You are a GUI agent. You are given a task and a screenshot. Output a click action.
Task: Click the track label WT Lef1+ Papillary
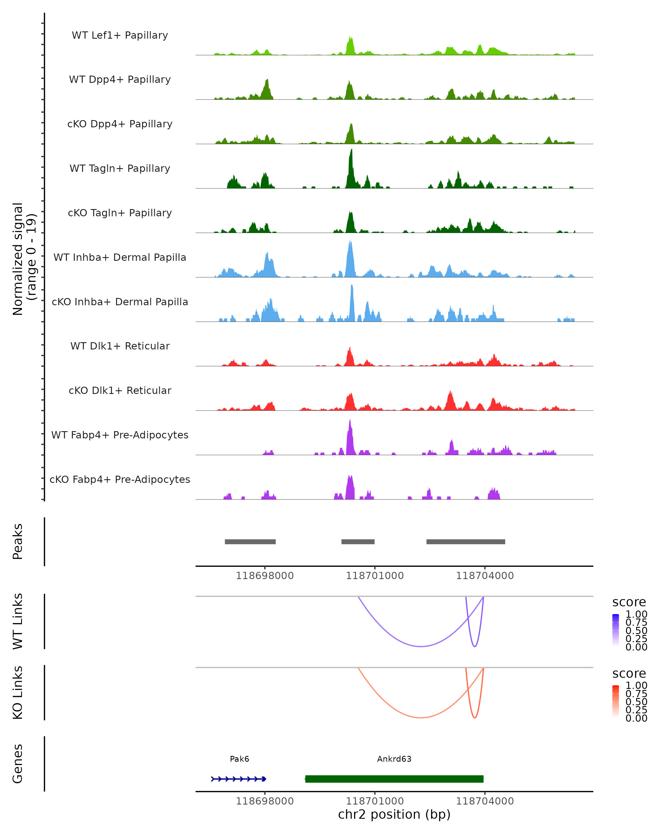(120, 35)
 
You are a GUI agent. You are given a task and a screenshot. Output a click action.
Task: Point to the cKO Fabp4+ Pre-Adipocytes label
(120, 479)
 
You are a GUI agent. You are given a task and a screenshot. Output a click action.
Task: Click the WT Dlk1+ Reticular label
(120, 346)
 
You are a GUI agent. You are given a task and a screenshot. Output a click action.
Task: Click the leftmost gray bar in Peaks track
(250, 542)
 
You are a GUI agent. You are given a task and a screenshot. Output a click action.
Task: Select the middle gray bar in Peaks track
(358, 542)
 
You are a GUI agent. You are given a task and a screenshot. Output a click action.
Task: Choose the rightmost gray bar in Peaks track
(466, 542)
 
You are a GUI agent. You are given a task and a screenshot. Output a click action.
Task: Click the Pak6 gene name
(239, 759)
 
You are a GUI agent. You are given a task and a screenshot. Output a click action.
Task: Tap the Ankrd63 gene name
(394, 759)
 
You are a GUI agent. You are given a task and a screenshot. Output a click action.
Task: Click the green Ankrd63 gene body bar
(394, 779)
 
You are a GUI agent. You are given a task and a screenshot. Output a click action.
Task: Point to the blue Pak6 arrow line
(238, 779)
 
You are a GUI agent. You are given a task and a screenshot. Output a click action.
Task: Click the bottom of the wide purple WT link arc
(421, 646)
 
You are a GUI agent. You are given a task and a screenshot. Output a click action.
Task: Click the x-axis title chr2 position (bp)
(394, 814)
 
